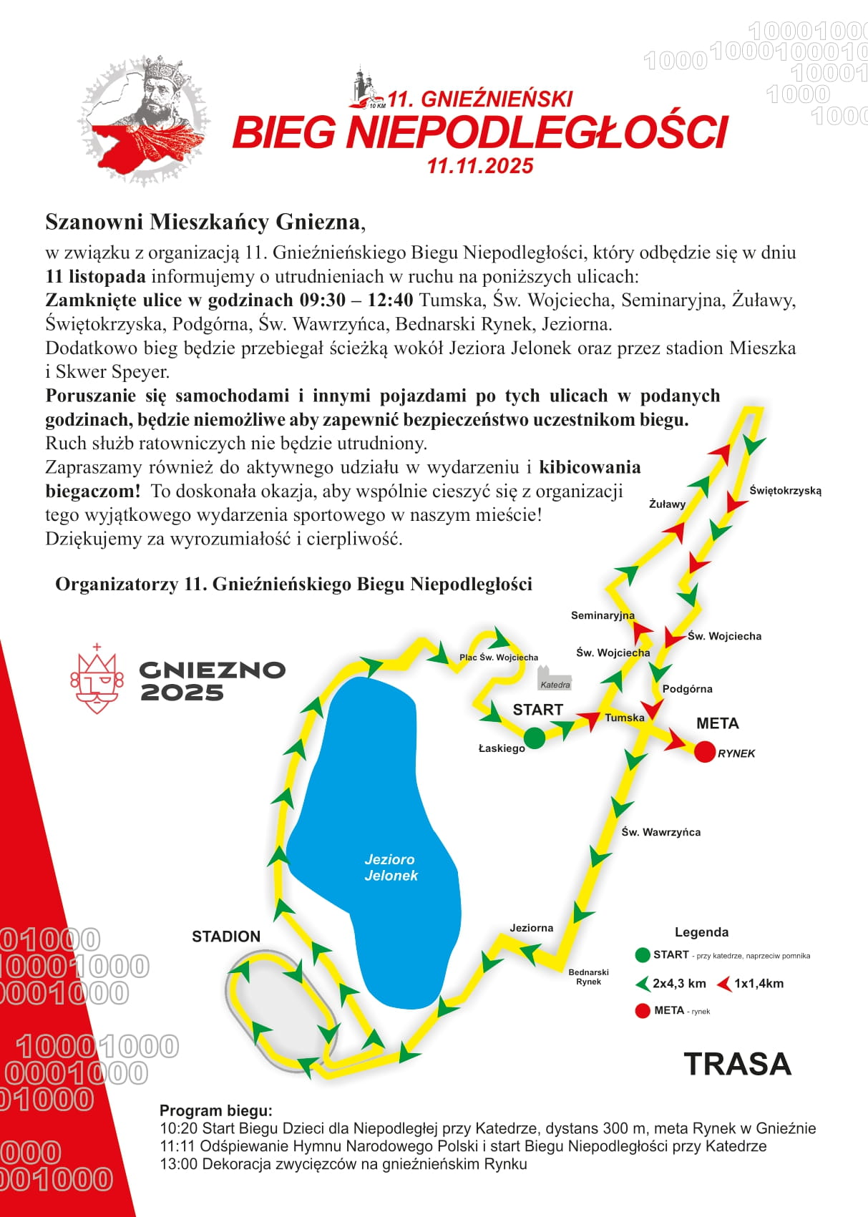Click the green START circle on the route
[x=534, y=738]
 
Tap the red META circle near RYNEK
[x=705, y=752]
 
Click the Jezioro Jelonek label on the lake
[x=390, y=867]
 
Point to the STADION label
[x=226, y=937]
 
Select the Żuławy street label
[x=667, y=504]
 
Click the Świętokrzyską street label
[x=785, y=491]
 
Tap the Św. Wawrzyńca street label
[x=660, y=832]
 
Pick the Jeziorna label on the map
[x=531, y=928]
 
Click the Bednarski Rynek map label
[x=588, y=977]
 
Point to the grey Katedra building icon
[x=554, y=678]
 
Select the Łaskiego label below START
[x=502, y=748]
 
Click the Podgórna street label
[x=687, y=689]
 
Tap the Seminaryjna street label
[x=603, y=615]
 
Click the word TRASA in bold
[x=737, y=1065]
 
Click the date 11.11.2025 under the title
[x=480, y=166]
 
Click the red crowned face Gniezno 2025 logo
[x=96, y=680]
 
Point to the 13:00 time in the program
[x=178, y=1164]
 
